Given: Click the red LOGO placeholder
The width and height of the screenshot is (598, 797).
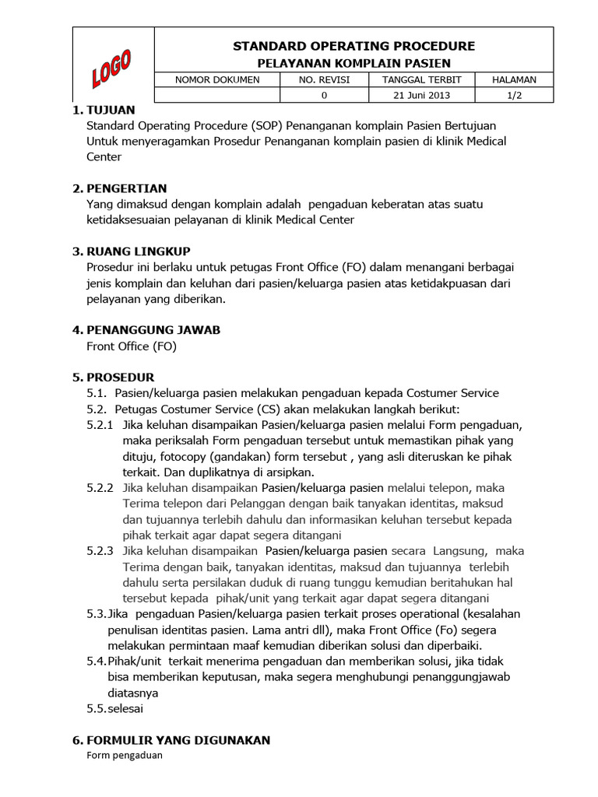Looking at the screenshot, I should point(111,68).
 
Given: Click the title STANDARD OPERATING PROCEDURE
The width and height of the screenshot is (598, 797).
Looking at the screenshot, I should point(354,46).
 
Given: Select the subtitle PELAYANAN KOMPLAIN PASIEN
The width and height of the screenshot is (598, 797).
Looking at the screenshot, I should point(354,63).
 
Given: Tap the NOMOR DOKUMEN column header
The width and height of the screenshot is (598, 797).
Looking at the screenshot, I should point(217,79).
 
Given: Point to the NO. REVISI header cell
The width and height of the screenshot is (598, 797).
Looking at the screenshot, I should point(324,79).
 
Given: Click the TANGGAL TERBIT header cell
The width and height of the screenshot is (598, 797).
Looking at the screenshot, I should point(422,79).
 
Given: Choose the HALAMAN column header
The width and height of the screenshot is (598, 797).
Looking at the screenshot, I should point(514,79).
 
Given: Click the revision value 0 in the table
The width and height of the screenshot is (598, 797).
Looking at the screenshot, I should point(324,95).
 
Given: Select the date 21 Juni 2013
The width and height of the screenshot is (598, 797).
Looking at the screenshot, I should point(422,95).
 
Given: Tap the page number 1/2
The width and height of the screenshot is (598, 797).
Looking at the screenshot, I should point(514,95).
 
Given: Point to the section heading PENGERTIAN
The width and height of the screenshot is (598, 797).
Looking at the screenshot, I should point(126,188).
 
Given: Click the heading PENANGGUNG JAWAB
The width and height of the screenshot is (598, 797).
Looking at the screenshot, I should point(147,330).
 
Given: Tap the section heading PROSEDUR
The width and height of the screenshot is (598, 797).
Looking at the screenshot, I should point(120,377).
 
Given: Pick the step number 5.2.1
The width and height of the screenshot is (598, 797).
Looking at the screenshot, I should point(100,425).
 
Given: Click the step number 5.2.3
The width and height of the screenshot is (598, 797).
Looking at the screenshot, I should point(100,551).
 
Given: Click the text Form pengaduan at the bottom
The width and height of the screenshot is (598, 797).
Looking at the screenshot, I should point(125,755).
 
